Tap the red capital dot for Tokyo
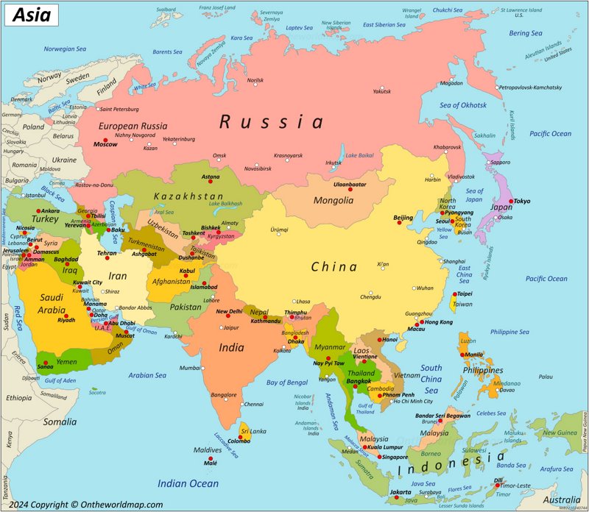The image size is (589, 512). coord(509,200)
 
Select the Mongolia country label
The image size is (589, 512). coord(334,201)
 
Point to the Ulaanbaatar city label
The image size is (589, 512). coord(350,184)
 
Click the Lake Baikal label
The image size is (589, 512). coord(360,155)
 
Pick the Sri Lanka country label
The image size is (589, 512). coord(253,431)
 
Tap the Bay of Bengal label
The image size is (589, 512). coord(287,383)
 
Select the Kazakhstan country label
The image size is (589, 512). coord(188,196)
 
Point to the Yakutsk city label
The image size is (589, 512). coord(381,91)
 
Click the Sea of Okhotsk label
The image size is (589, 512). coord(463,105)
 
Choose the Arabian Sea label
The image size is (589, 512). coord(147,375)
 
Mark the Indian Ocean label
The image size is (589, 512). coord(188,483)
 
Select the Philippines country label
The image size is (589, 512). coord(482,371)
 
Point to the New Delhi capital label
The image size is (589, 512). coord(229,311)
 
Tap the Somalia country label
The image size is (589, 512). coord(59,422)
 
